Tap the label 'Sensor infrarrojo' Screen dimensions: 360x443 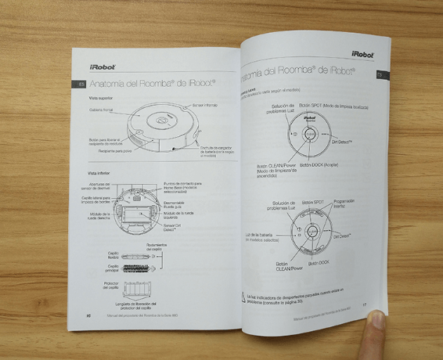point(204,105)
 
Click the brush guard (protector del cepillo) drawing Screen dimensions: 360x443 point(142,286)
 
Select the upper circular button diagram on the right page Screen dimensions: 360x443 point(311,136)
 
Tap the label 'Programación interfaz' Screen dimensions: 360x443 point(345,203)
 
